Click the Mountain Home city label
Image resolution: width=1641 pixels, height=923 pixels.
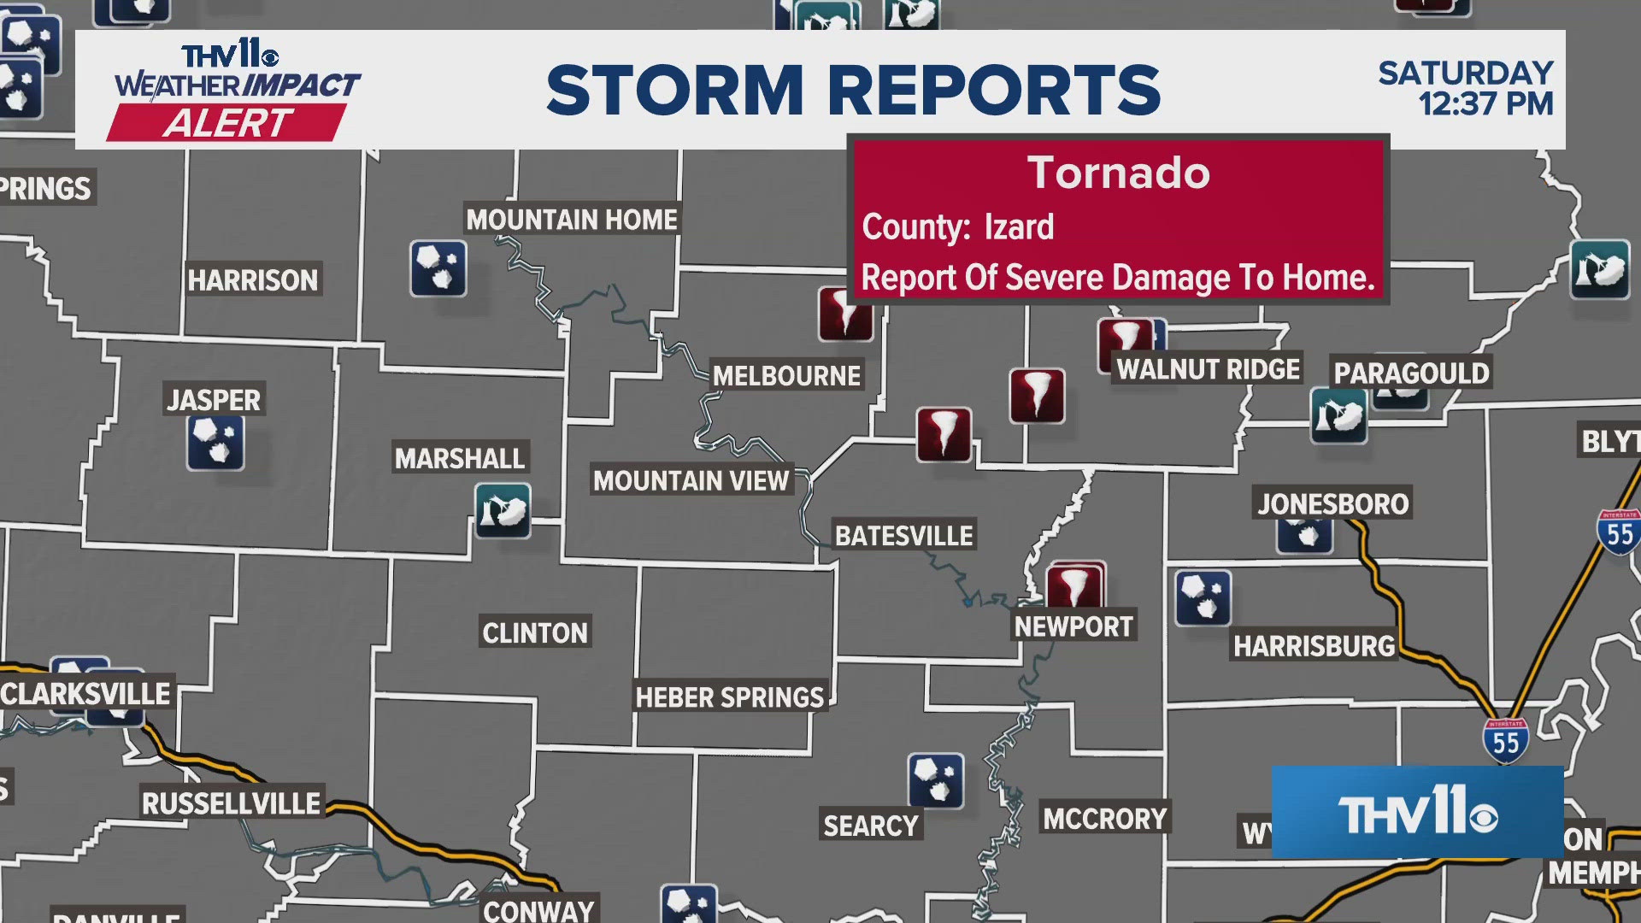[572, 220]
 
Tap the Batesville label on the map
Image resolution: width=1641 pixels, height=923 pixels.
[903, 536]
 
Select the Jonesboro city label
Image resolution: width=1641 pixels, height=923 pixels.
[1332, 503]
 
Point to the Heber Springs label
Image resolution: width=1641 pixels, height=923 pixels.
[729, 697]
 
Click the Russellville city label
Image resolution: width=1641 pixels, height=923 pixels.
[231, 803]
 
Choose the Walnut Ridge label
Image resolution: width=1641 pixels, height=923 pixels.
[1208, 369]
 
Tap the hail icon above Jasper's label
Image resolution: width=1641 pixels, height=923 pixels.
[215, 443]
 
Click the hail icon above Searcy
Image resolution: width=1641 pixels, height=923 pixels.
[936, 781]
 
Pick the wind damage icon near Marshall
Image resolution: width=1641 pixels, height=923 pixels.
[503, 511]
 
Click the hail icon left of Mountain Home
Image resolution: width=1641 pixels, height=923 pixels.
[438, 268]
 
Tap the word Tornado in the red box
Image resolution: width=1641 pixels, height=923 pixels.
[1118, 173]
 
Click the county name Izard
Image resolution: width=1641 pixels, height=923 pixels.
[1019, 227]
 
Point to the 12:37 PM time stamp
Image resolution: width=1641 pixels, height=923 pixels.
[1485, 104]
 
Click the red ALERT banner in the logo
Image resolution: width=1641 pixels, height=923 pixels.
[227, 123]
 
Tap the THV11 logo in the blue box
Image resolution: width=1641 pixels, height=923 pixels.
[1417, 813]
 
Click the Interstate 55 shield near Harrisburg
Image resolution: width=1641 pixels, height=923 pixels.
[1505, 741]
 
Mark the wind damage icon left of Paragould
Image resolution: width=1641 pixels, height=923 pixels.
[1338, 416]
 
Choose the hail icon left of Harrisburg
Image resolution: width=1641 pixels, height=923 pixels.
[1203, 598]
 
